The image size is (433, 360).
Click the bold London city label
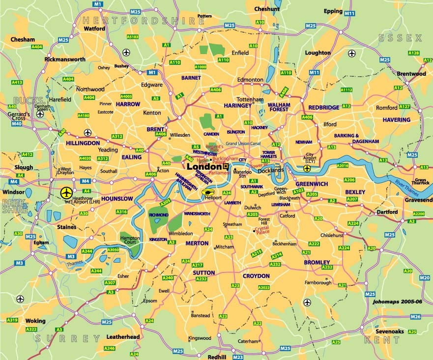(x=204, y=166)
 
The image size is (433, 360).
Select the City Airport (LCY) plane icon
(x=307, y=169)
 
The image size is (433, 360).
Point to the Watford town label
(x=95, y=29)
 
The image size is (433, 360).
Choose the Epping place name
(x=333, y=11)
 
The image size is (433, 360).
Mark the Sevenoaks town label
(x=390, y=331)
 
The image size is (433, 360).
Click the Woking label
(x=35, y=321)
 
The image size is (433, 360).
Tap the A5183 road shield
(x=132, y=36)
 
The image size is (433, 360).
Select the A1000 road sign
(x=201, y=67)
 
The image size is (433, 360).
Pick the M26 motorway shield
(x=415, y=317)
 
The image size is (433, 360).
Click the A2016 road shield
(x=343, y=166)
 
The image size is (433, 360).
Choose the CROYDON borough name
(x=256, y=276)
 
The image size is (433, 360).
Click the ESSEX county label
(x=400, y=38)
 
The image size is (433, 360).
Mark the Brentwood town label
(x=411, y=74)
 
